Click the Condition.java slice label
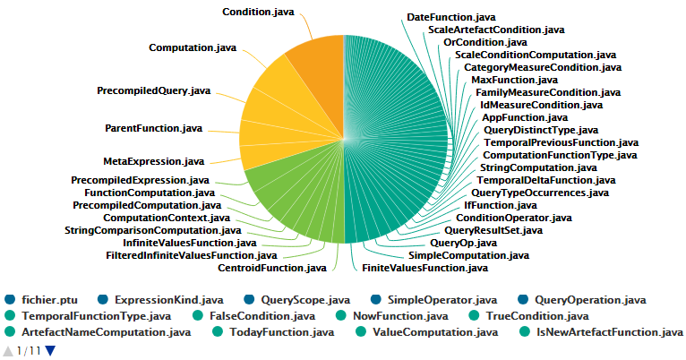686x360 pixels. [259, 12]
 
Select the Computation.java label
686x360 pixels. [193, 47]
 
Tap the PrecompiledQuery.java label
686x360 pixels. [153, 90]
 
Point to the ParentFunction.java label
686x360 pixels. [154, 128]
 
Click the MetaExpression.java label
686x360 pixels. [153, 161]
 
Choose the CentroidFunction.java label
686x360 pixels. [272, 267]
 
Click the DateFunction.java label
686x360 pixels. [450, 17]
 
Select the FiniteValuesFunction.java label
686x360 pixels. [424, 267]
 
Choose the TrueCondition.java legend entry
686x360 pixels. [536, 315]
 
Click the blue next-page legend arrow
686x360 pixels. [50, 350]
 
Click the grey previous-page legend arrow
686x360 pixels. [9, 350]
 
